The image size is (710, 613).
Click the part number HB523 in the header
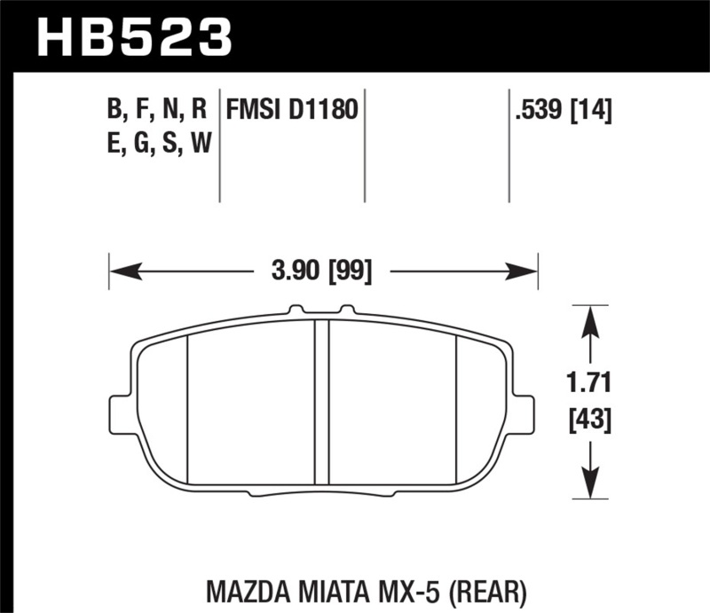click(133, 37)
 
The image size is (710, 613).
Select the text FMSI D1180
click(292, 111)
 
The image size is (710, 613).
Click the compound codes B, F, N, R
click(156, 111)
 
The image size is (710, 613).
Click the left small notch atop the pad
click(295, 310)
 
